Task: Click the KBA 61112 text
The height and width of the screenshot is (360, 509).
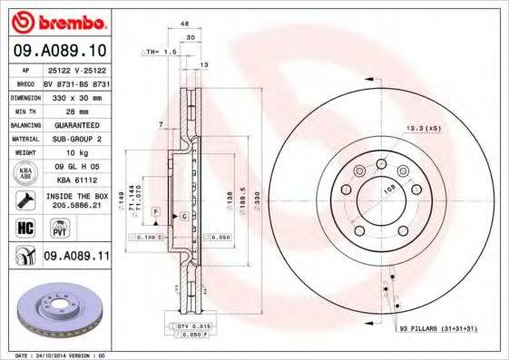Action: pos(69,180)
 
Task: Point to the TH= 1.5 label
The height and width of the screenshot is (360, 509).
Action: pos(160,54)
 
